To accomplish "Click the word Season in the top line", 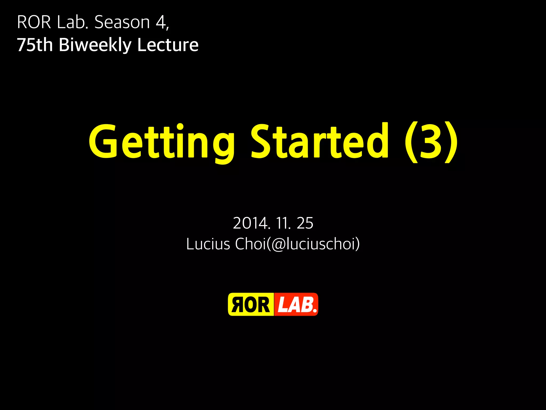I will [122, 22].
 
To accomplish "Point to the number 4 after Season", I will [161, 22].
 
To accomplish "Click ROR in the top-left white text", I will [34, 22].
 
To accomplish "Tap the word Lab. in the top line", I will [72, 22].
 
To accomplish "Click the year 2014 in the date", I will [251, 223].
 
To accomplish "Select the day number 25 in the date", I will [305, 223].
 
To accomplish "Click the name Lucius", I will [208, 244].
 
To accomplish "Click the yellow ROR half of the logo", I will [251, 305].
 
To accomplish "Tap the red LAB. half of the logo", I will [296, 305].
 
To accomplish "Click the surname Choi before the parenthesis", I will [251, 244].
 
